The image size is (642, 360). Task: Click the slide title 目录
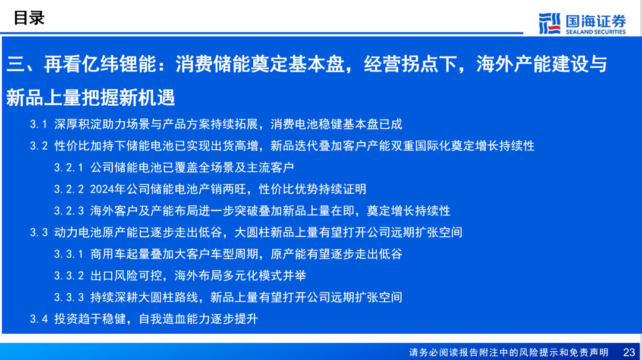pos(29,18)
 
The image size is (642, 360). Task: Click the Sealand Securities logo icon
pos(549,23)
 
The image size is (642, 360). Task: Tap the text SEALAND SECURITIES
pos(596,32)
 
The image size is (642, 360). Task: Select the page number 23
pos(629,352)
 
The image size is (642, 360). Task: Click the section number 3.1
pos(39,124)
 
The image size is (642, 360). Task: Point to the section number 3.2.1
pos(69,168)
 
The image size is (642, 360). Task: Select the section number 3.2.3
pos(69,211)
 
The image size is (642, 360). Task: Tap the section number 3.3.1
pos(69,254)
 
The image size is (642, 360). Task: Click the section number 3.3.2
pos(69,276)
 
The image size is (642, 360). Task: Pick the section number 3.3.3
pos(69,298)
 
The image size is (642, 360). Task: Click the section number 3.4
pos(39,319)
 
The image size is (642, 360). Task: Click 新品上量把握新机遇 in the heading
pos(90,98)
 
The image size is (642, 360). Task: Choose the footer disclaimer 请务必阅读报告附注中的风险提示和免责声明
pos(508,353)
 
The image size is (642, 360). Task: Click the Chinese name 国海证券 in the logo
pos(596,21)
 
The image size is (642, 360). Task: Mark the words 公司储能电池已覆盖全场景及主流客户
pos(192,168)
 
